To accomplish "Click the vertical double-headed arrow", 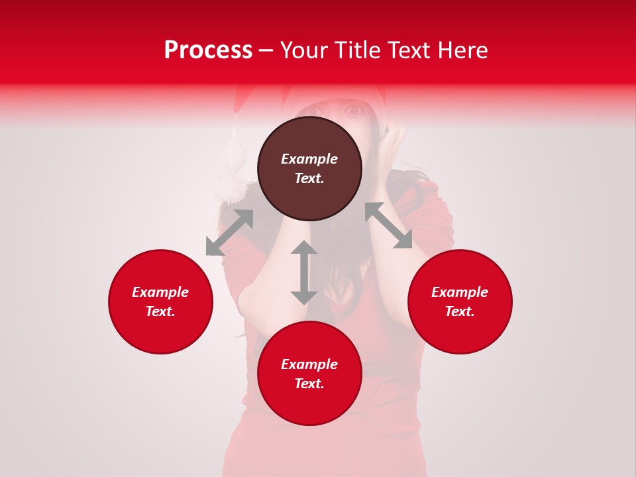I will point(304,272).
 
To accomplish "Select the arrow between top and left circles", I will point(229,233).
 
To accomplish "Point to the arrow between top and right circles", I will point(388,225).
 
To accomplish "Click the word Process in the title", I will point(208,50).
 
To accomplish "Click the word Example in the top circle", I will point(309,159).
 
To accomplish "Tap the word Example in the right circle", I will point(460,292).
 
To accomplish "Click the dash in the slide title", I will point(266,50).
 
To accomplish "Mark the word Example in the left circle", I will point(160,292).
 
